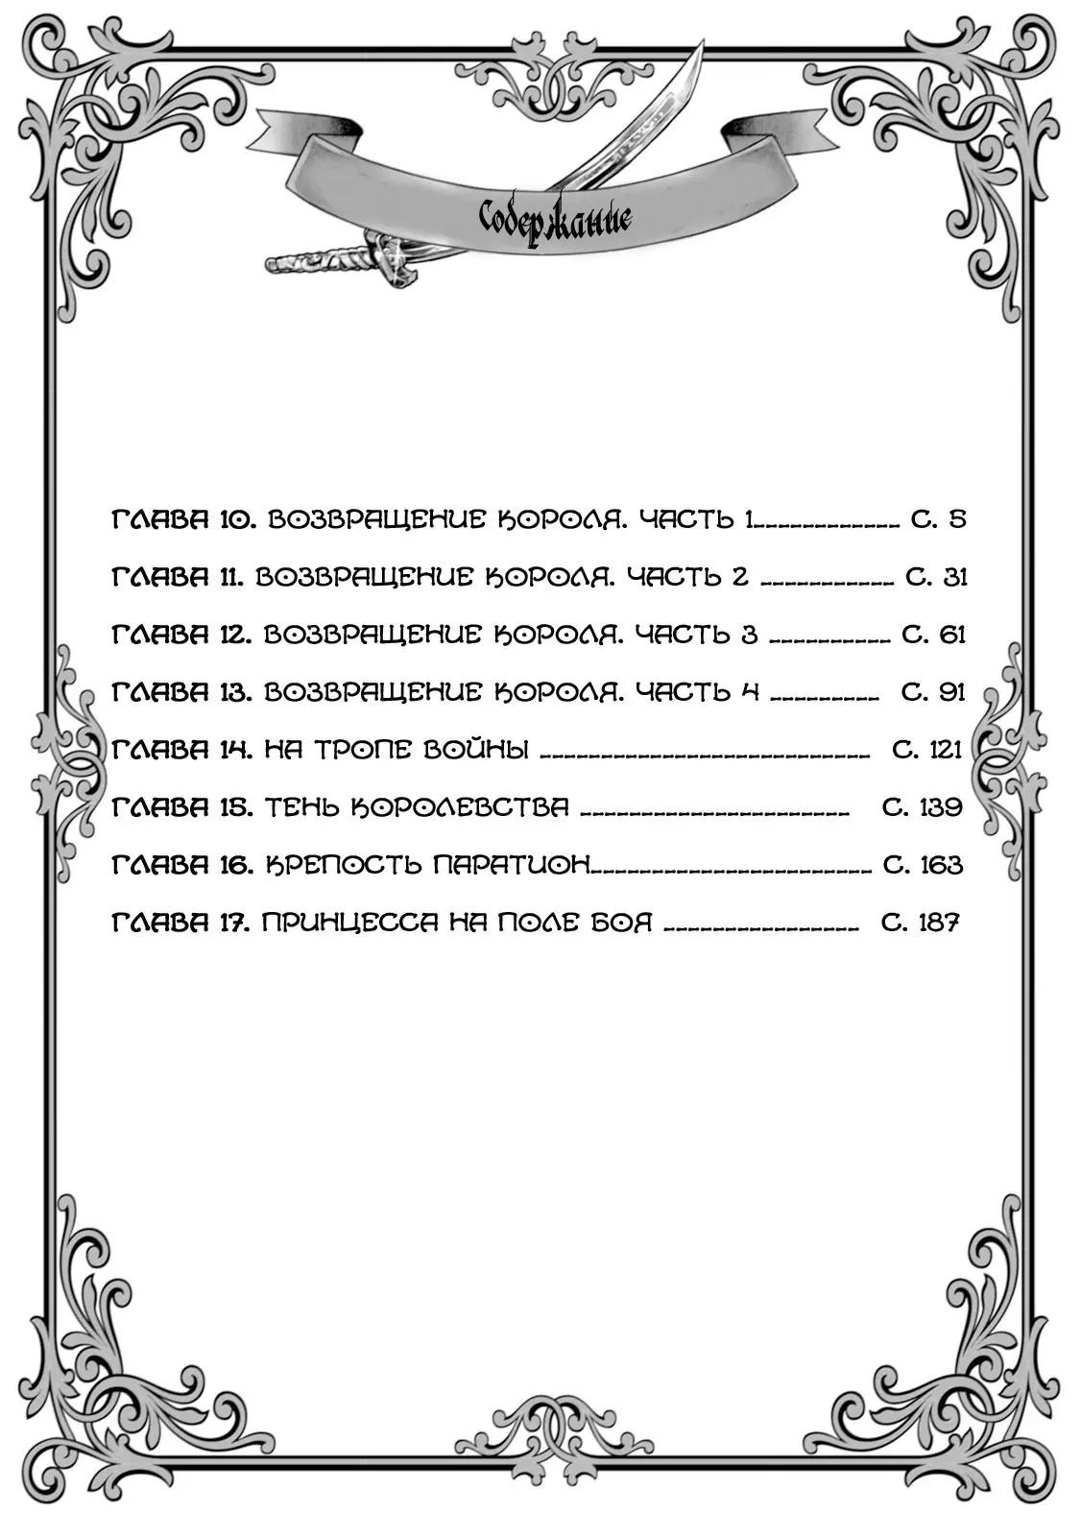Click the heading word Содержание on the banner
tap(555, 221)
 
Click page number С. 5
tap(938, 519)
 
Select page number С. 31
tap(936, 577)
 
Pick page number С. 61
tap(933, 635)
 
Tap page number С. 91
tap(933, 692)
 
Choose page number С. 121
tap(927, 750)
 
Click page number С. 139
tap(923, 807)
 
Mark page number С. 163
tap(924, 865)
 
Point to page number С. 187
tap(920, 923)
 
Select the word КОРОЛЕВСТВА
tap(460, 807)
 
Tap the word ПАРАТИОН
tap(512, 865)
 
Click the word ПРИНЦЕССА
tap(349, 923)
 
